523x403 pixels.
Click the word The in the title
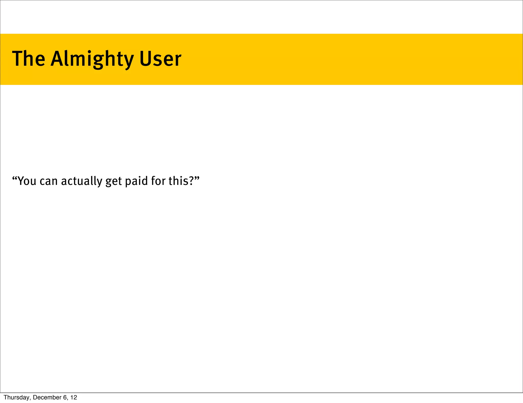(x=29, y=59)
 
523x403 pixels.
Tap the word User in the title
(x=160, y=59)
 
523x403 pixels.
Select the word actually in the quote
(x=81, y=181)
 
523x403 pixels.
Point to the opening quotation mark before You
(x=15, y=178)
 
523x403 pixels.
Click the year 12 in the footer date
(x=74, y=397)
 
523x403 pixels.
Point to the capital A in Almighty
(x=57, y=59)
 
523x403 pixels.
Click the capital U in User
(x=145, y=59)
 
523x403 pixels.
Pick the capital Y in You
(x=21, y=181)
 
